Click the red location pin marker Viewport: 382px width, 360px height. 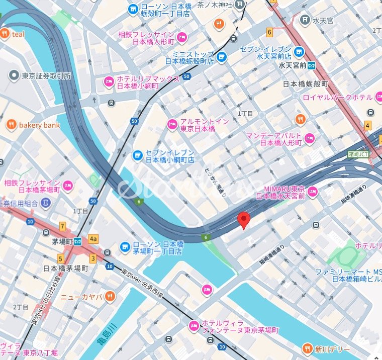244,220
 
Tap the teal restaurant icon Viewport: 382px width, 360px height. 5,34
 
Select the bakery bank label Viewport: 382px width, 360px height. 39,125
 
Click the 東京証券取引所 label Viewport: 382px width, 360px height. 46,76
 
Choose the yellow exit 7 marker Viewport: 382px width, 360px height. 62,226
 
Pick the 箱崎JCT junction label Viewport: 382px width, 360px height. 358,154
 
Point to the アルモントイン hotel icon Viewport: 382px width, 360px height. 172,124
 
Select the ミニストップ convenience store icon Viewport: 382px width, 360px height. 221,57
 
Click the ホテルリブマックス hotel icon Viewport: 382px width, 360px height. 109,81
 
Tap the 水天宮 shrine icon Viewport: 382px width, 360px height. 304,19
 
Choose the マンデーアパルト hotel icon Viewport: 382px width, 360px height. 309,138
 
